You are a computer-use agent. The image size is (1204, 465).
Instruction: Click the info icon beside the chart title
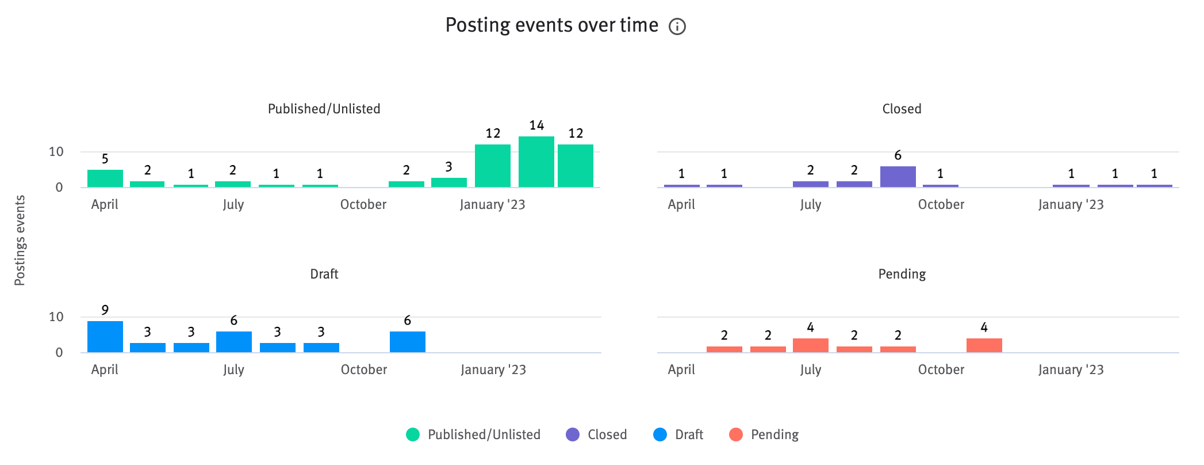(x=677, y=26)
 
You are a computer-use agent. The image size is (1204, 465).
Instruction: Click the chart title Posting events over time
(x=551, y=25)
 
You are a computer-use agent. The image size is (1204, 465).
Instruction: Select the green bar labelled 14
(x=536, y=162)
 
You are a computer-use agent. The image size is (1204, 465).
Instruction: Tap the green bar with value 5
(x=105, y=178)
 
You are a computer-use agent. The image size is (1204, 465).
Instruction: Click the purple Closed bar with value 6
(x=898, y=177)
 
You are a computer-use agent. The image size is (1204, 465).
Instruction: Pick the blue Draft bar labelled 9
(x=105, y=337)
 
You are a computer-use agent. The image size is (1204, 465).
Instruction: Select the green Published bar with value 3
(x=449, y=182)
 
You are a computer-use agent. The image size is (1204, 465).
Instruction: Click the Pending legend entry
(x=764, y=434)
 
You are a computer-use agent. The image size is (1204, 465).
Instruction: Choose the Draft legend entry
(x=678, y=434)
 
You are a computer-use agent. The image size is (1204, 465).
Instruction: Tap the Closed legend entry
(x=596, y=434)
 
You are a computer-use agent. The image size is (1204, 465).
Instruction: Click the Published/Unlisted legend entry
(x=473, y=434)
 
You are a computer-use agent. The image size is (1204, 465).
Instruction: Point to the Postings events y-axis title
(x=20, y=241)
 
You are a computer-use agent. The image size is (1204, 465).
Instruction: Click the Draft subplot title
(x=324, y=274)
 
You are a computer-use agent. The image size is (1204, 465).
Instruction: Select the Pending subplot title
(x=902, y=274)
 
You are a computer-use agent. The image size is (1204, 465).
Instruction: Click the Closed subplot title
(x=902, y=109)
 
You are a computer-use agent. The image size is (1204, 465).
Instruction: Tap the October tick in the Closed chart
(x=941, y=204)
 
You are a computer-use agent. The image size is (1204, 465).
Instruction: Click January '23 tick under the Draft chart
(x=493, y=369)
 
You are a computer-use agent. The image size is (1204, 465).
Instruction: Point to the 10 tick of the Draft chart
(x=56, y=317)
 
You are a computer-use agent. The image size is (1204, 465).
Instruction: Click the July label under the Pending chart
(x=810, y=369)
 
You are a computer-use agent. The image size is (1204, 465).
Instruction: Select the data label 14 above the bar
(x=536, y=125)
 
